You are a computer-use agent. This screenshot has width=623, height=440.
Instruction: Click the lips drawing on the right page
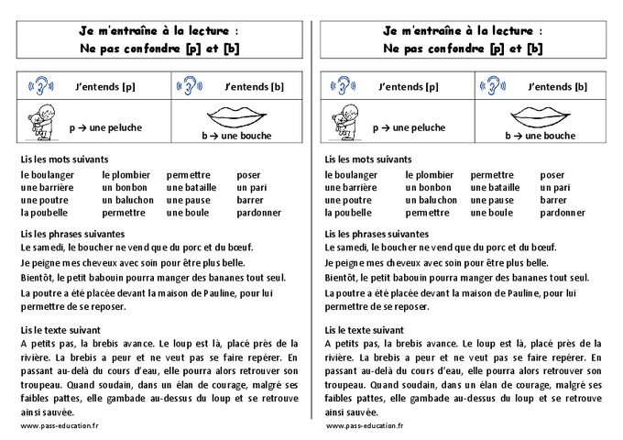click(540, 116)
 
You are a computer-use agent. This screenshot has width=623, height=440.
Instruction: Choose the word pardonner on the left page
click(258, 213)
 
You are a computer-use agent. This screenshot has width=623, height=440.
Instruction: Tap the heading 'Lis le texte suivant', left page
click(60, 329)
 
